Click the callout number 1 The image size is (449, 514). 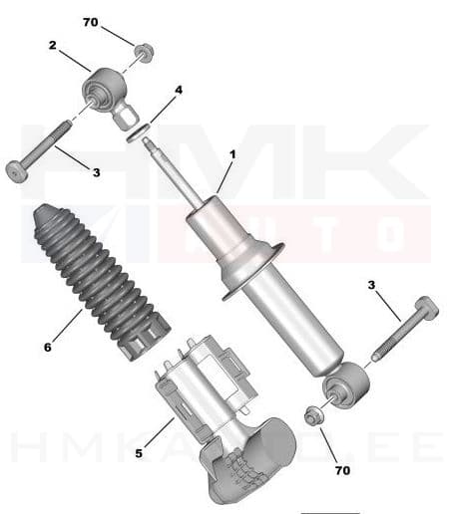click(x=232, y=154)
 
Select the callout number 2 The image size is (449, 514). click(x=53, y=46)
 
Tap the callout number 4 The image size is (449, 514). click(x=179, y=90)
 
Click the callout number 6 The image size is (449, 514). click(x=47, y=348)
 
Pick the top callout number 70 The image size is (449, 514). click(x=91, y=21)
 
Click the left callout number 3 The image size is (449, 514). click(x=96, y=172)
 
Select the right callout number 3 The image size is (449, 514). click(x=371, y=285)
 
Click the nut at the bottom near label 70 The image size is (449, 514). click(x=312, y=415)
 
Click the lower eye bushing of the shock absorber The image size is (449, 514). click(x=347, y=385)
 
